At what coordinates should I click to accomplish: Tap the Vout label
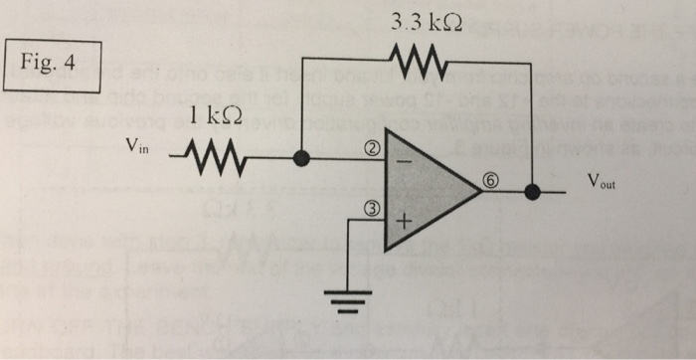point(602,182)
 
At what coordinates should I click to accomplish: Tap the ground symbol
point(347,298)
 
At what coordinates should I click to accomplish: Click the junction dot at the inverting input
point(303,157)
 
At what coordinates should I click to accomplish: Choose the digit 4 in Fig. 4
point(69,63)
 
